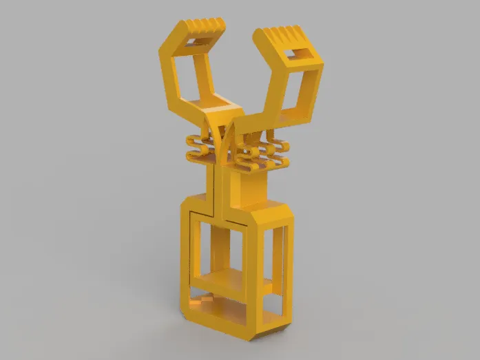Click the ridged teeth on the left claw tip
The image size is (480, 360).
pyautogui.click(x=205, y=27)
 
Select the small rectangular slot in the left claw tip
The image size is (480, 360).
pyautogui.click(x=196, y=42)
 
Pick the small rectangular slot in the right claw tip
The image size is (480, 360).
pyautogui.click(x=300, y=54)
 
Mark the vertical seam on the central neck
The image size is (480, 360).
pyautogui.click(x=218, y=186)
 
